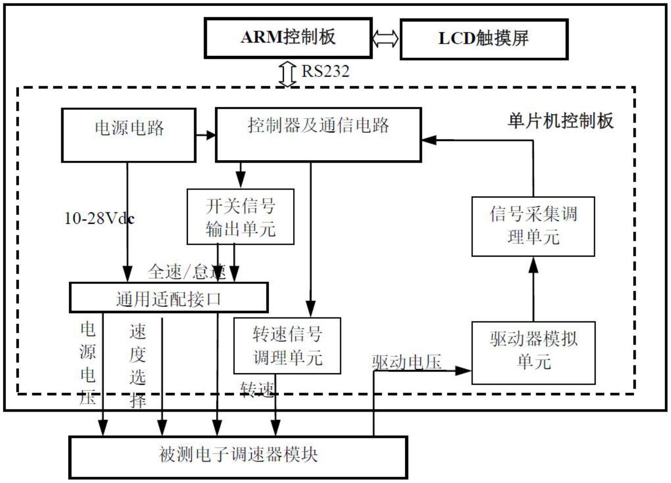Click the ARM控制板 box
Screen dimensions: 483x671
[x=288, y=38]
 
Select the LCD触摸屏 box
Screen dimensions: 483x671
[x=484, y=39]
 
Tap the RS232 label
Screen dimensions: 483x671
[x=325, y=72]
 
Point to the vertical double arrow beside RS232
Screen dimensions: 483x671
[x=287, y=74]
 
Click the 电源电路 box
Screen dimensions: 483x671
[x=129, y=135]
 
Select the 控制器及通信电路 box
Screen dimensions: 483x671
[x=318, y=135]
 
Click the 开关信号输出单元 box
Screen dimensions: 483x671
[x=240, y=217]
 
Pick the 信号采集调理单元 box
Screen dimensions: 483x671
[x=533, y=226]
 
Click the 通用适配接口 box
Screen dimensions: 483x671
[x=168, y=298]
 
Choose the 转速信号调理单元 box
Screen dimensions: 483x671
[x=287, y=346]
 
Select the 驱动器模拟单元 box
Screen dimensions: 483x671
[x=533, y=353]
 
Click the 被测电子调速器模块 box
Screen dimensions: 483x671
[x=238, y=457]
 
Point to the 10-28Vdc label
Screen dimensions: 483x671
[x=99, y=218]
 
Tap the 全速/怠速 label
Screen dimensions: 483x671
[x=186, y=272]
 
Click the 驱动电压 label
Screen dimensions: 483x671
[x=407, y=362]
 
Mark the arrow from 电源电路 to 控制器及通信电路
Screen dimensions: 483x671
[x=206, y=135]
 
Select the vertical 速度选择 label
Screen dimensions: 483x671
[x=138, y=365]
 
